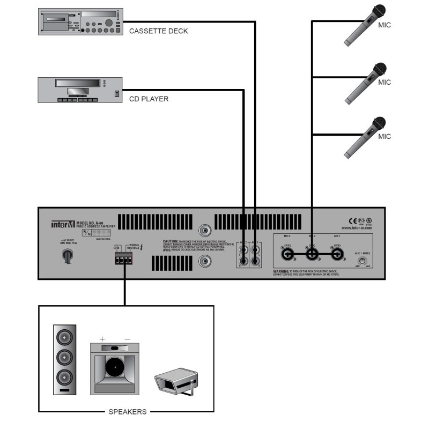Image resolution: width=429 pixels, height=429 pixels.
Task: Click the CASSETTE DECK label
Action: click(159, 31)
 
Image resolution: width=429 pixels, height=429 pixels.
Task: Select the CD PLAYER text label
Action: click(149, 99)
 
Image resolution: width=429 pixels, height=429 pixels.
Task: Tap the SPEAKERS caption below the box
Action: click(127, 412)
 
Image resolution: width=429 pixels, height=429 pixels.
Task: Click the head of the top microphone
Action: click(380, 11)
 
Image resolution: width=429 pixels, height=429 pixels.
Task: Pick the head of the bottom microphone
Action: click(380, 122)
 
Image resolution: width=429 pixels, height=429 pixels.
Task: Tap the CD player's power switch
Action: click(116, 94)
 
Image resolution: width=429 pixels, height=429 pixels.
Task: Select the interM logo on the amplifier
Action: click(63, 224)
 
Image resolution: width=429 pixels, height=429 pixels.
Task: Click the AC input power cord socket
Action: click(68, 256)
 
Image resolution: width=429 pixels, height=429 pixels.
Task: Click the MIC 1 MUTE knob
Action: click(363, 262)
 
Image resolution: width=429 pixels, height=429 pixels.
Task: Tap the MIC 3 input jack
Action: click(285, 254)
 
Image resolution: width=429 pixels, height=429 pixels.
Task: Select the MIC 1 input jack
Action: click(337, 254)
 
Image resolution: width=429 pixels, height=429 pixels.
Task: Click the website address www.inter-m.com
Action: click(357, 228)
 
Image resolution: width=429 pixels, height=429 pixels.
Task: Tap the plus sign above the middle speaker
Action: click(102, 339)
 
